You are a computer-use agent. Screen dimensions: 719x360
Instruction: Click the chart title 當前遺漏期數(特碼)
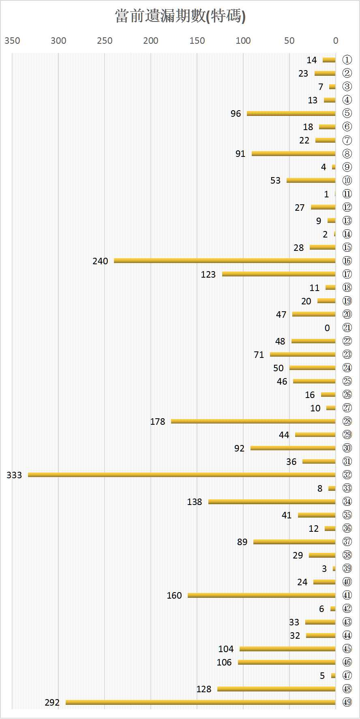[180, 16]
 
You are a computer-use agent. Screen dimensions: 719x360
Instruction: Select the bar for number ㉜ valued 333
[182, 475]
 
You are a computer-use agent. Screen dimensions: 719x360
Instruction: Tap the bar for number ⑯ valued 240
[225, 261]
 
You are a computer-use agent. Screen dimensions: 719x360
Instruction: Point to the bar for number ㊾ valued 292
[201, 702]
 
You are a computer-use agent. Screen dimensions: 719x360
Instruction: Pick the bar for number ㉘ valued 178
[253, 421]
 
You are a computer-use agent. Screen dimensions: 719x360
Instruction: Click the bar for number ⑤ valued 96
[291, 113]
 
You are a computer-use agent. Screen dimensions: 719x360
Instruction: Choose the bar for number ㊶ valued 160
[261, 595]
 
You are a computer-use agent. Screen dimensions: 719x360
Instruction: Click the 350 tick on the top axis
[12, 41]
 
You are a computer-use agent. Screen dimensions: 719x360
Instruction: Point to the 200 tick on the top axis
[151, 41]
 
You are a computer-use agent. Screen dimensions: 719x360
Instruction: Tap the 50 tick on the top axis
[289, 41]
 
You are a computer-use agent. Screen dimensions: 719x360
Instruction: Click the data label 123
[208, 274]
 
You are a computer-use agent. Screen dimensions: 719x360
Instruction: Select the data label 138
[194, 502]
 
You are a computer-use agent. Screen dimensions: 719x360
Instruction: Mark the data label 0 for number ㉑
[327, 328]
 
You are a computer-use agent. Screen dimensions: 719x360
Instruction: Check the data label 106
[224, 662]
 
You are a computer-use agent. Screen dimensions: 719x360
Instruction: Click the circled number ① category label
[347, 60]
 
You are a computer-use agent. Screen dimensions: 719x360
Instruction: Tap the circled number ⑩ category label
[347, 180]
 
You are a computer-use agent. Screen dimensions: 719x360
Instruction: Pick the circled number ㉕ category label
[347, 381]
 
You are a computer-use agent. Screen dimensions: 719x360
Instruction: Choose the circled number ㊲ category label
[347, 541]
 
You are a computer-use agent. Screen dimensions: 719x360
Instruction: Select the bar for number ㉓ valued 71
[303, 354]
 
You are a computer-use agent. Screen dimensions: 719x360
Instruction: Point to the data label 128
[204, 689]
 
